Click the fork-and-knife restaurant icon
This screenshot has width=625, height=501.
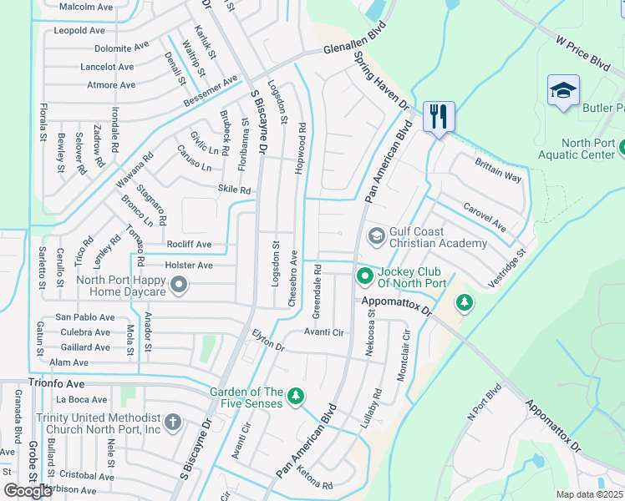(x=439, y=115)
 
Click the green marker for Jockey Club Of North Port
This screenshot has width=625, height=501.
(x=365, y=275)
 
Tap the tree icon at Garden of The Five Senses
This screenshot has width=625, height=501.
(x=294, y=397)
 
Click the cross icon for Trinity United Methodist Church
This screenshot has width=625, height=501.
(x=172, y=423)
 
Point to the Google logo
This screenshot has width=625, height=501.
(x=28, y=490)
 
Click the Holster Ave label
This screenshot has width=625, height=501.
(x=189, y=265)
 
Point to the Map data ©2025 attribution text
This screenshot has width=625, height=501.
(x=589, y=494)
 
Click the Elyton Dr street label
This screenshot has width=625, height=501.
(x=268, y=340)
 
